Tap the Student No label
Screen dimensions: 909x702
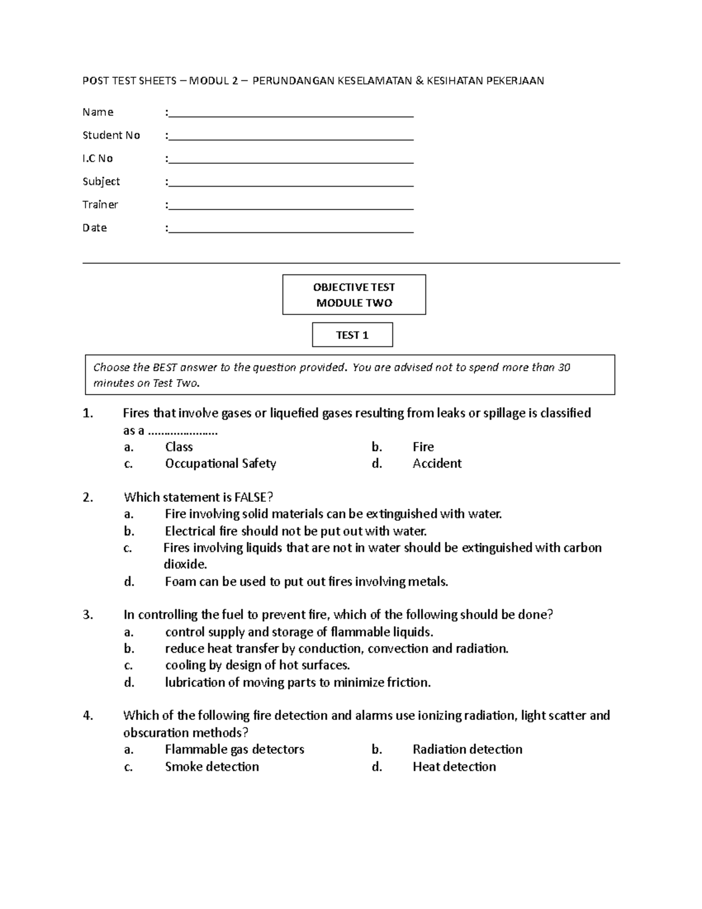pos(111,135)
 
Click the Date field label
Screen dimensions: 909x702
pos(95,228)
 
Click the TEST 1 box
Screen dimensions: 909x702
pos(352,335)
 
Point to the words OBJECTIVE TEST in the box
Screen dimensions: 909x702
pos(354,287)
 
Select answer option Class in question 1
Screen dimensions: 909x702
pos(179,447)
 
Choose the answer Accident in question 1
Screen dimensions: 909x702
pos(437,464)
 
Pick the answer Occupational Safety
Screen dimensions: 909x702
pos(221,464)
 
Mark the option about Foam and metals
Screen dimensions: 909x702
pos(307,582)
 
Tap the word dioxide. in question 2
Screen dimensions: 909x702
pos(185,565)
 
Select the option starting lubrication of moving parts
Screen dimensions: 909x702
pos(298,682)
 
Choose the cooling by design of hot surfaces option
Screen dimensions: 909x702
pos(257,666)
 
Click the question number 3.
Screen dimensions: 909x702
pos(88,615)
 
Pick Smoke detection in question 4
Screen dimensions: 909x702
pos(212,767)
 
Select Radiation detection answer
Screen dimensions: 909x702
pos(467,750)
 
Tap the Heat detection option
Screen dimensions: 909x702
pos(454,767)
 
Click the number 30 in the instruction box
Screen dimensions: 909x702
pos(564,368)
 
